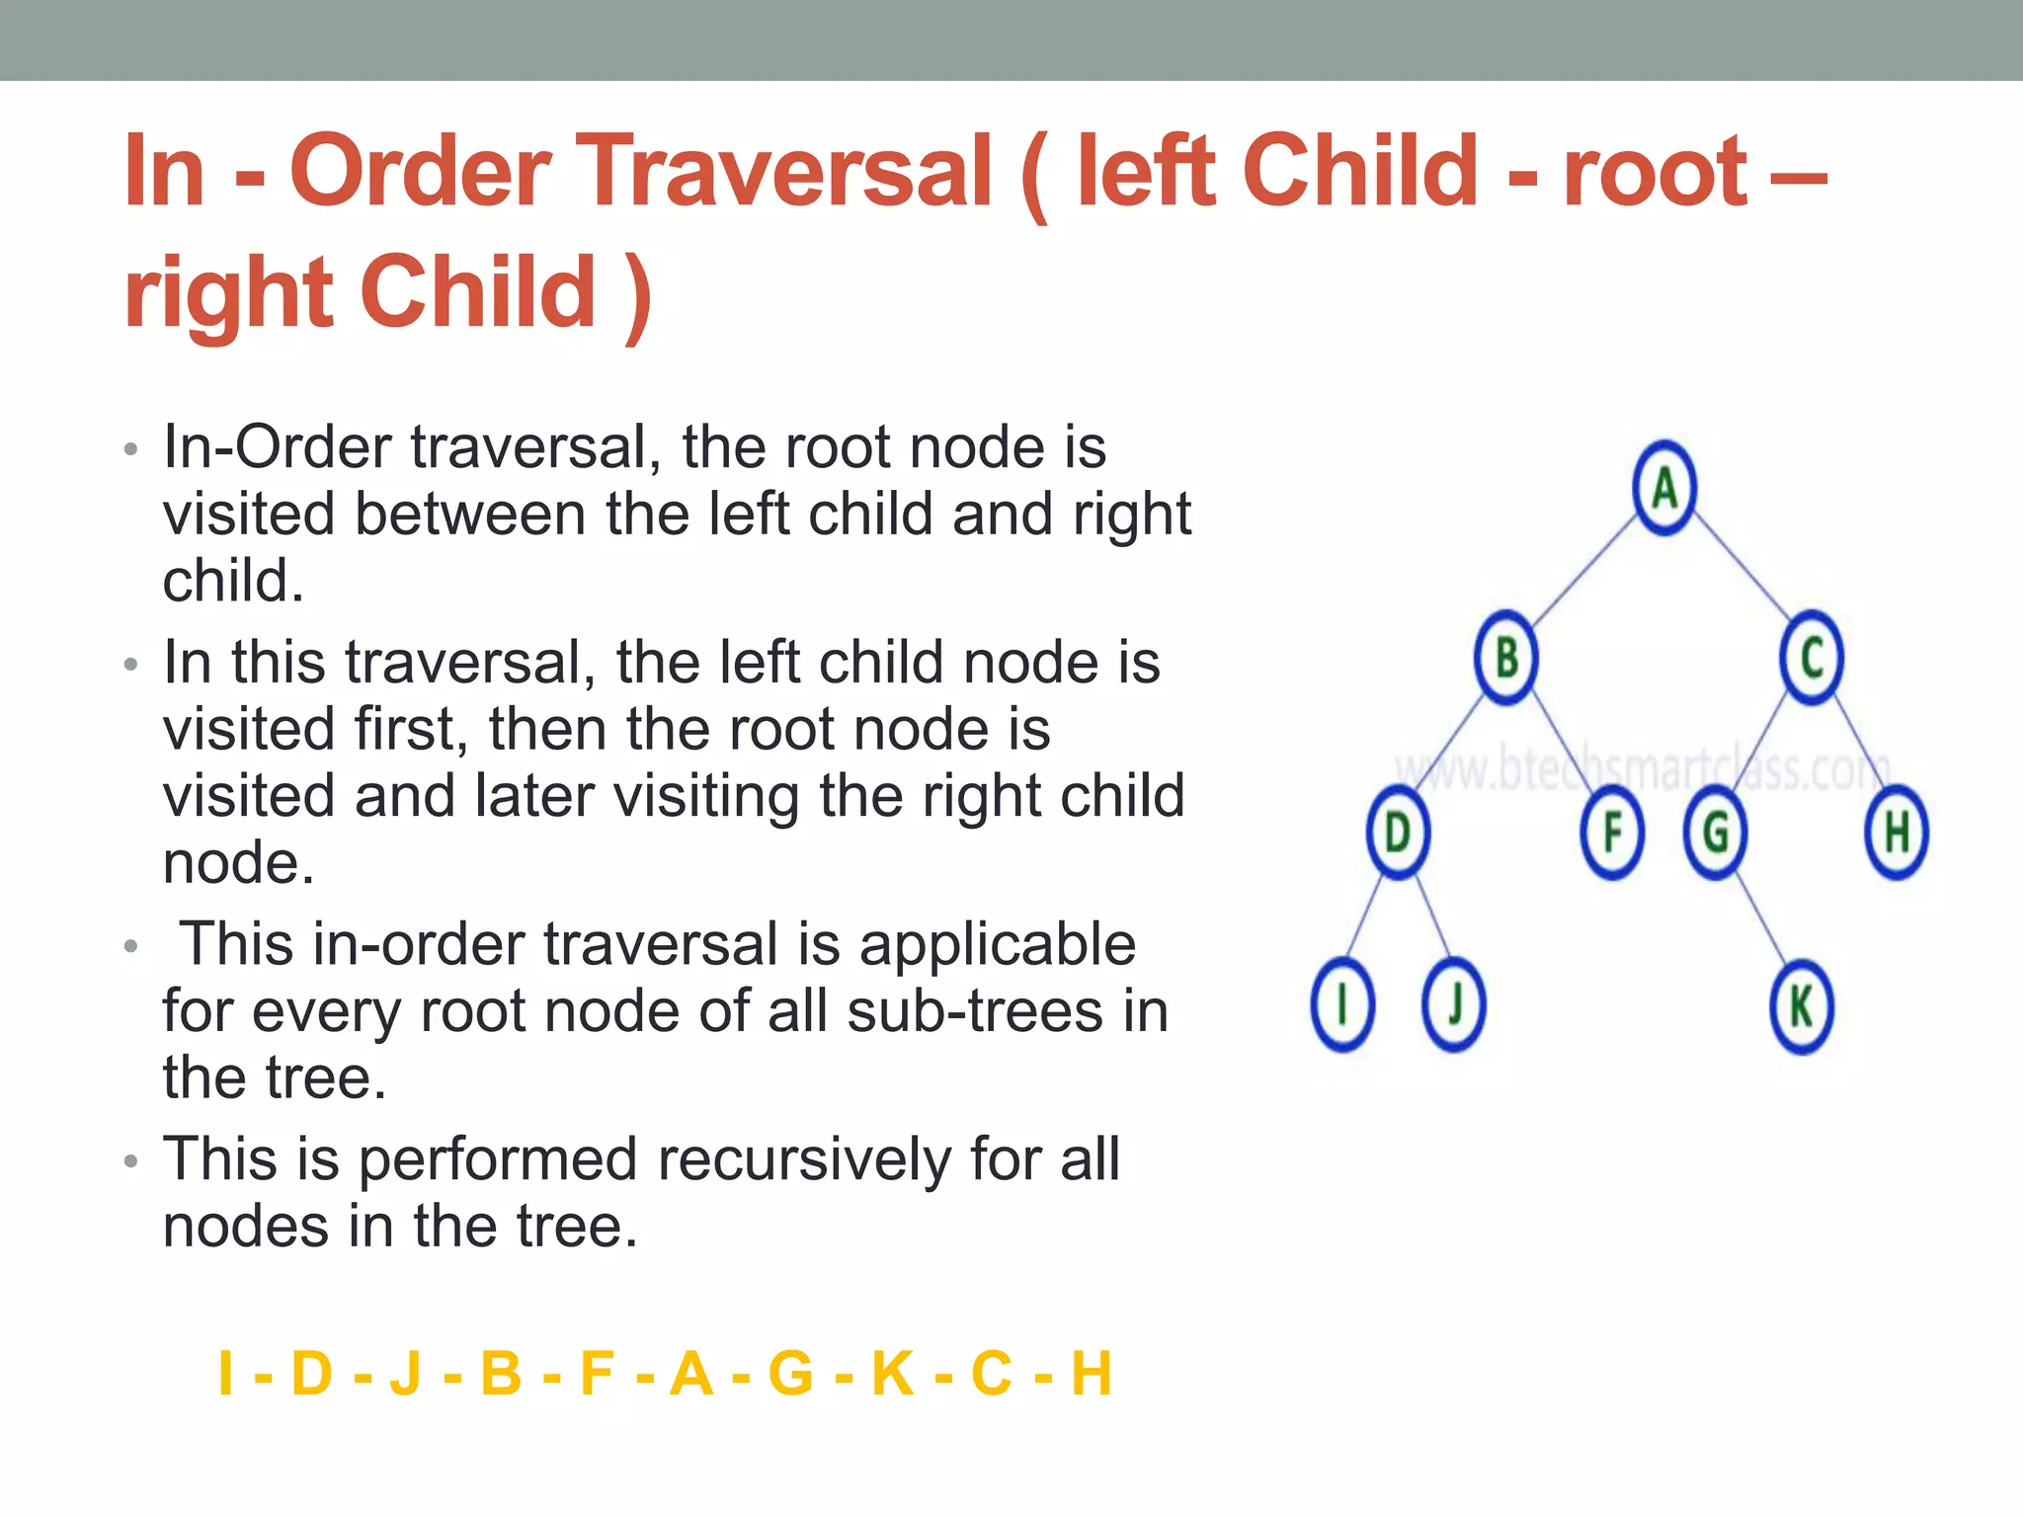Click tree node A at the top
point(1664,488)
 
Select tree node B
point(1505,658)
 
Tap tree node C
point(1812,658)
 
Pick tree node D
point(1398,833)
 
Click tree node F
point(1611,833)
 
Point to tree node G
point(1716,833)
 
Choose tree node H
point(1896,833)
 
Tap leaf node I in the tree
point(1342,1005)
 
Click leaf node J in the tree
point(1453,1005)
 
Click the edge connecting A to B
point(1583,573)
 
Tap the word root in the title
point(1655,173)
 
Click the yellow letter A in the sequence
point(690,1373)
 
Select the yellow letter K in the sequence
point(892,1373)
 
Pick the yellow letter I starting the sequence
point(225,1373)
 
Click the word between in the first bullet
point(470,515)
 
